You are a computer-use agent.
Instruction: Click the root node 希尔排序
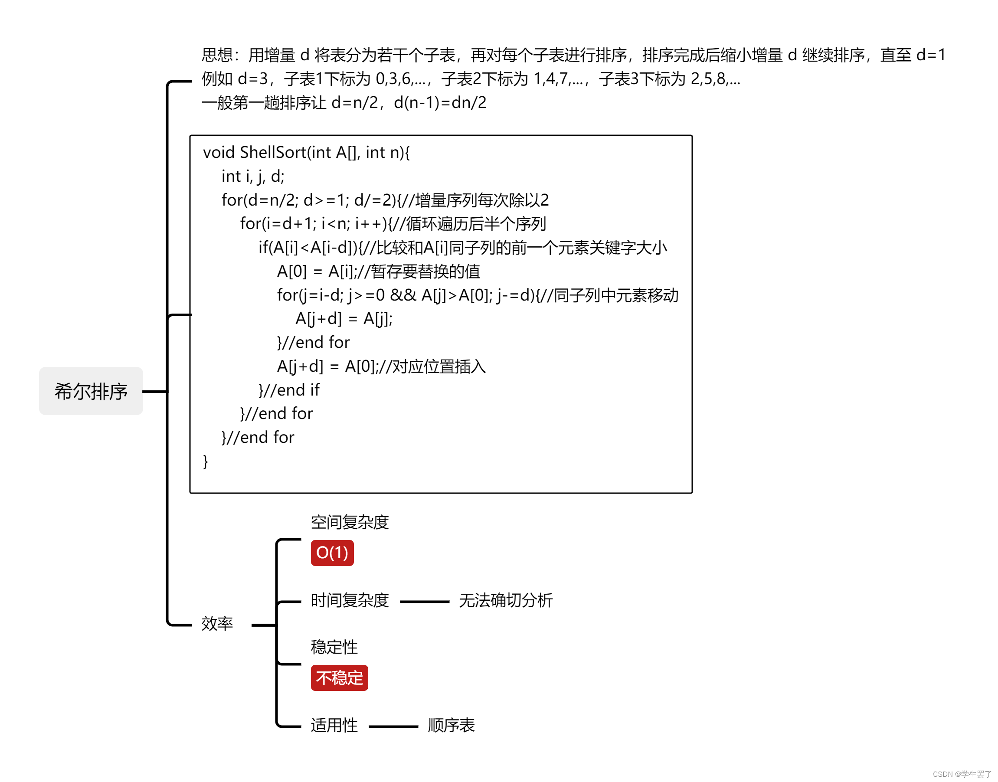pos(91,391)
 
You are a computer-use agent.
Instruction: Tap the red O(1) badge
pos(332,553)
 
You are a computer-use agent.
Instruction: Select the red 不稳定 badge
pos(339,677)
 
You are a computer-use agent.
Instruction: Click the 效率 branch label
pos(217,624)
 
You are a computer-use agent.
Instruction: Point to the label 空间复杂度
pos(350,522)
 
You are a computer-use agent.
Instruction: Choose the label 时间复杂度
pos(350,600)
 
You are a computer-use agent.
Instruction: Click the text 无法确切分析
pos(505,600)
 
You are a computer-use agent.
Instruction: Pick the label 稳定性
pos(334,647)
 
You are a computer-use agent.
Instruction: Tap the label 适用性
pos(334,725)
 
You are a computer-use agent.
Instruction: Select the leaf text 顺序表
pos(451,725)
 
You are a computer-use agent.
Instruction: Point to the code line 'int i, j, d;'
pos(253,176)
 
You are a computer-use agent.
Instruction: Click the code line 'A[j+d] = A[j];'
pos(344,319)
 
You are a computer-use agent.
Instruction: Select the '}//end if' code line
pos(289,390)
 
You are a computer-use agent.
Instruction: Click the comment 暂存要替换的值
pos(425,272)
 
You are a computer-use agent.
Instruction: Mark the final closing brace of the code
pos(206,461)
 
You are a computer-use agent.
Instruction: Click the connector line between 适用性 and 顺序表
pos(393,726)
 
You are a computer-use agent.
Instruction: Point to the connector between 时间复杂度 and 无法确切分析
pos(424,602)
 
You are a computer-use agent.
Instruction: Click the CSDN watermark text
pos(962,774)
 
